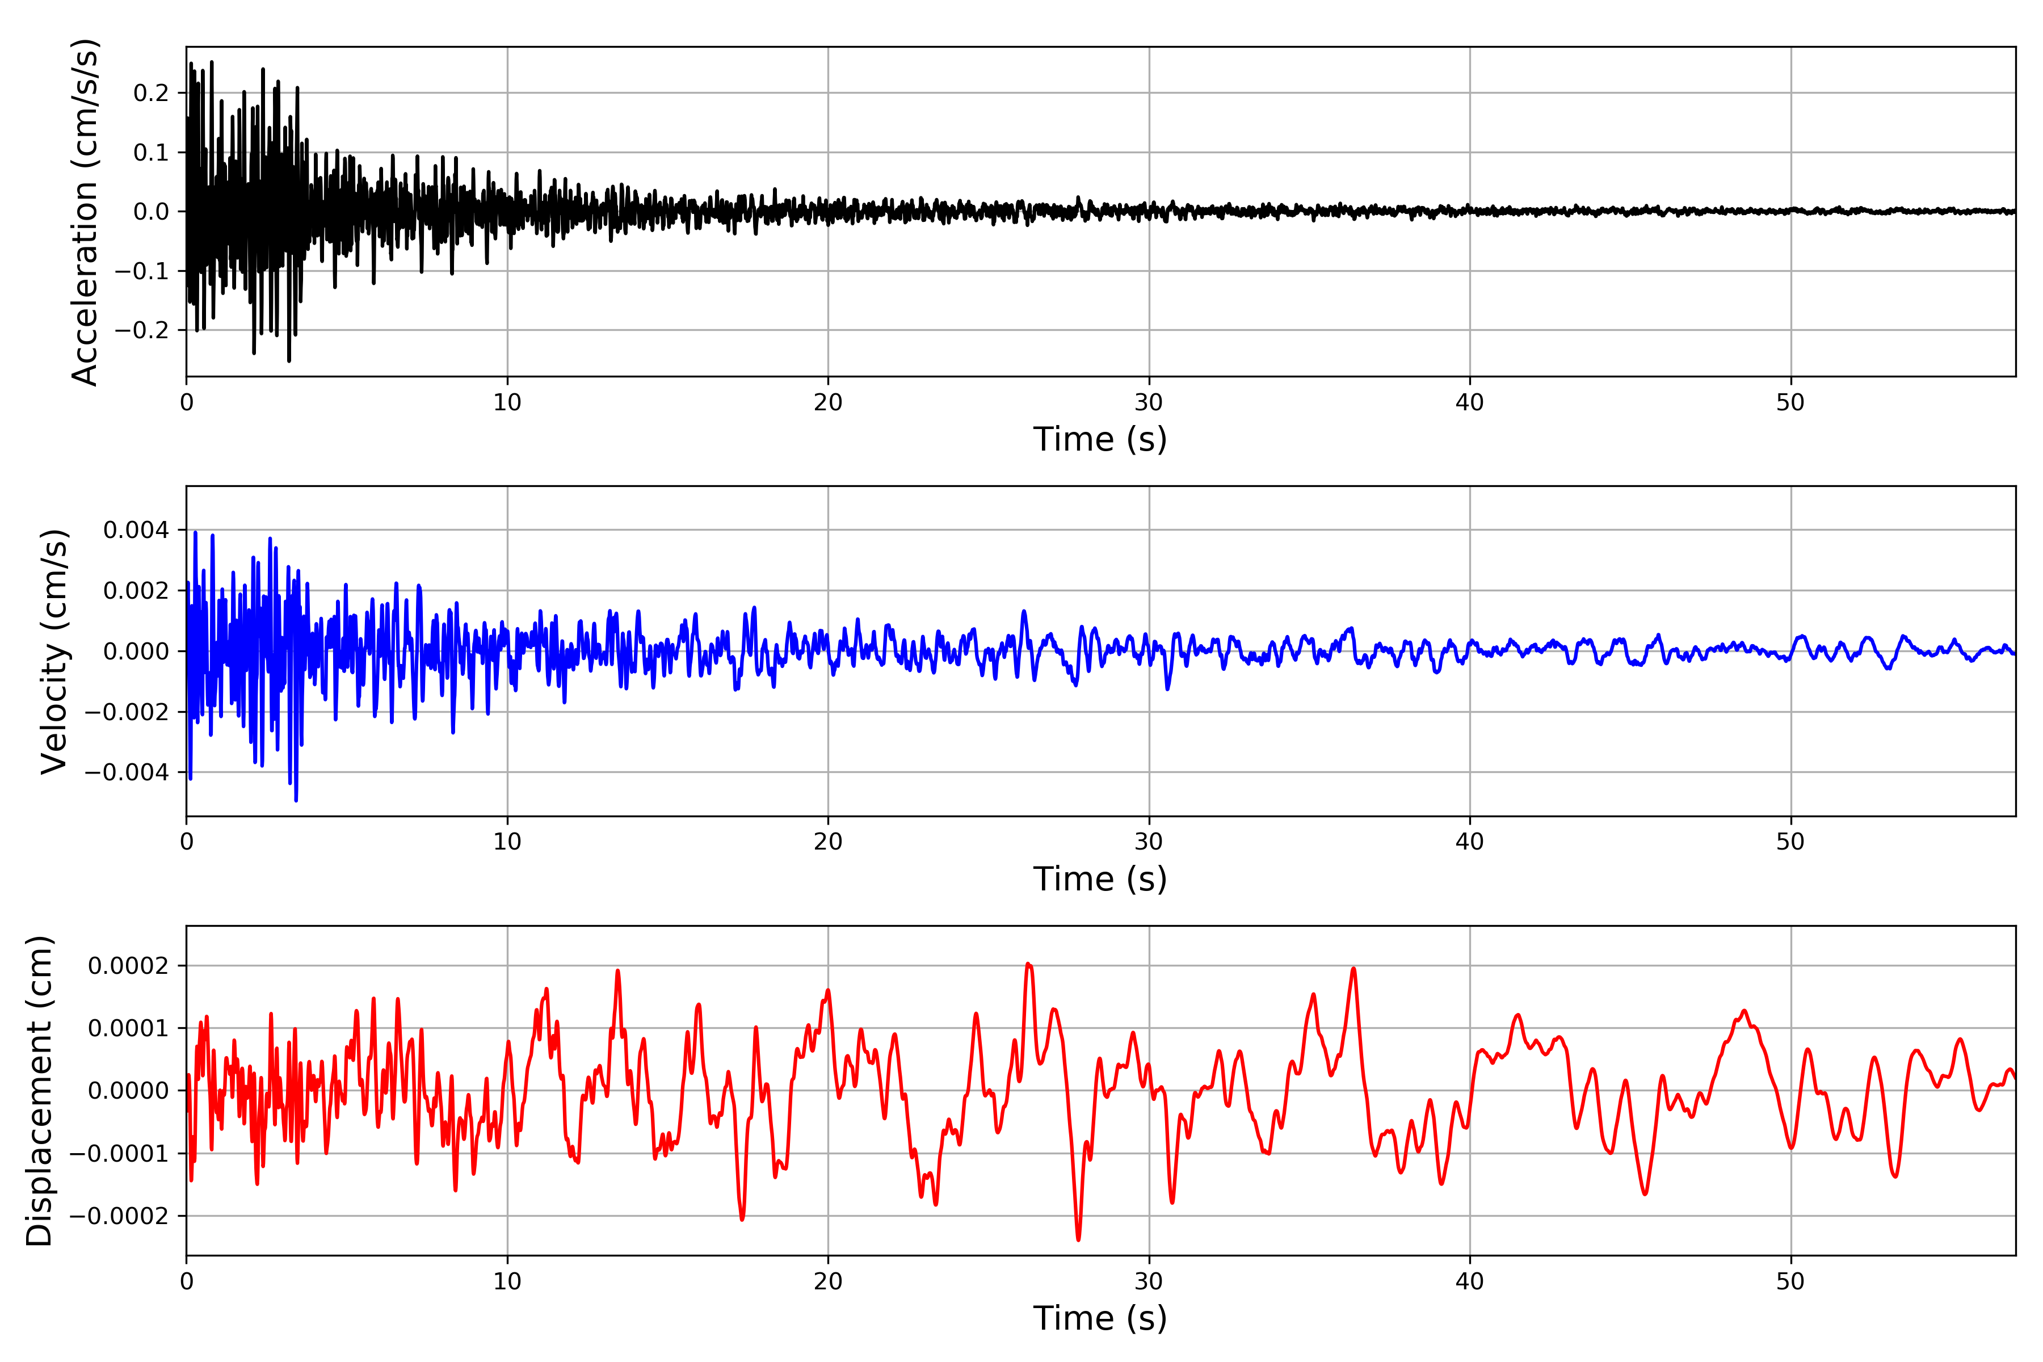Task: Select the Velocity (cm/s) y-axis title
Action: (54, 651)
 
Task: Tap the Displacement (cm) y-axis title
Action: (39, 1091)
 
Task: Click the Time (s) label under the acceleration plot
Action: (1100, 439)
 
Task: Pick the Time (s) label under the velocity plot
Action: (1100, 879)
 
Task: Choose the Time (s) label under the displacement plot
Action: (1100, 1318)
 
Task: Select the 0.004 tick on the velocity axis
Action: (136, 530)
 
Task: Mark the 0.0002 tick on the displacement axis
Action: (129, 966)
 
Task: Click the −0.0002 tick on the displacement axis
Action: (119, 1216)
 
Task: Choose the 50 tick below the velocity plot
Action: (1790, 842)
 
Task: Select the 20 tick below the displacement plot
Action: (828, 1281)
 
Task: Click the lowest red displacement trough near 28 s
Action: (1079, 1239)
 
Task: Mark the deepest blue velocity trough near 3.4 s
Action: (296, 800)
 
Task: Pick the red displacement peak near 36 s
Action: (1353, 969)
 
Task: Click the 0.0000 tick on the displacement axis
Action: (129, 1091)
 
